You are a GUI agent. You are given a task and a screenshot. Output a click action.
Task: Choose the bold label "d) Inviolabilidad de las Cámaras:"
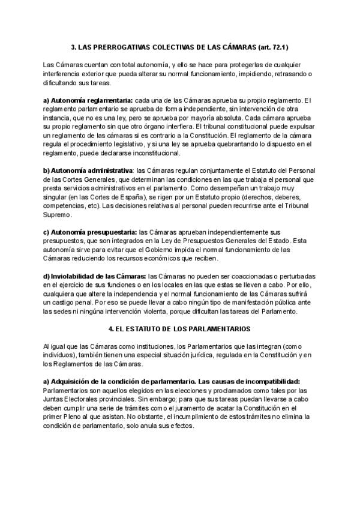click(95, 276)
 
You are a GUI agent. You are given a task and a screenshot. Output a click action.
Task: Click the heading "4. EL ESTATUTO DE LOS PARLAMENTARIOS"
click(179, 329)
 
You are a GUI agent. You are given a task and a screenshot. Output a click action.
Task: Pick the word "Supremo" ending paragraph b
click(58, 214)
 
